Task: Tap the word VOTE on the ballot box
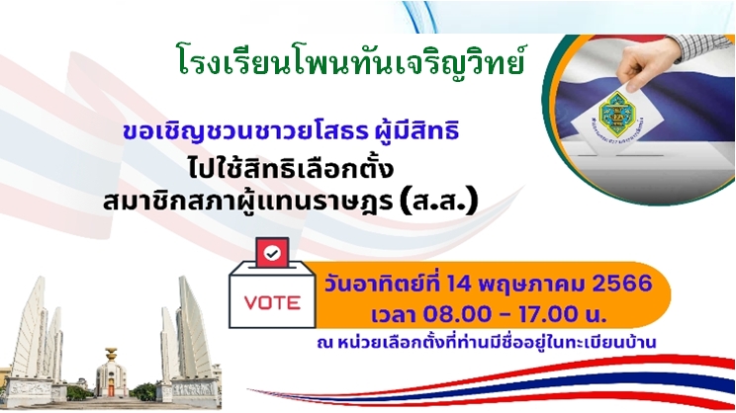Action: coord(272,303)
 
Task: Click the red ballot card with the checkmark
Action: coord(272,253)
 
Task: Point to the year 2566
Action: coord(622,284)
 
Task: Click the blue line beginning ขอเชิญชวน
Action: coord(291,131)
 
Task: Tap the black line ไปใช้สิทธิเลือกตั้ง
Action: coord(291,169)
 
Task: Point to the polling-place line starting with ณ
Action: coord(487,342)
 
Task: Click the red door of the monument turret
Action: coord(111,389)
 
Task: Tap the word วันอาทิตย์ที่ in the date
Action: coord(383,284)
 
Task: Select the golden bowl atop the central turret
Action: coord(111,354)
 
